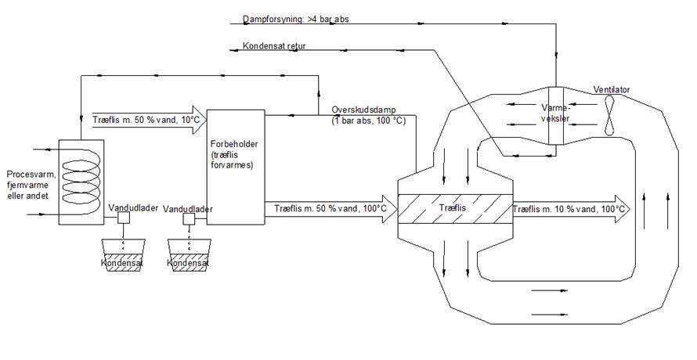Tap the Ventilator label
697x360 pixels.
[612, 89]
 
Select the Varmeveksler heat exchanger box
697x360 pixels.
[555, 115]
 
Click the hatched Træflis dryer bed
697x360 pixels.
[454, 209]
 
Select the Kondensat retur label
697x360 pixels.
[274, 46]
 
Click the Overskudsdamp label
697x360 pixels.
[363, 110]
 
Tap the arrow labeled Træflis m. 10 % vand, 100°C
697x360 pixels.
[570, 209]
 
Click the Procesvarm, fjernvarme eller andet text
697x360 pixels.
[30, 185]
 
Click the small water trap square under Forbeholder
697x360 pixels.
[189, 219]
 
